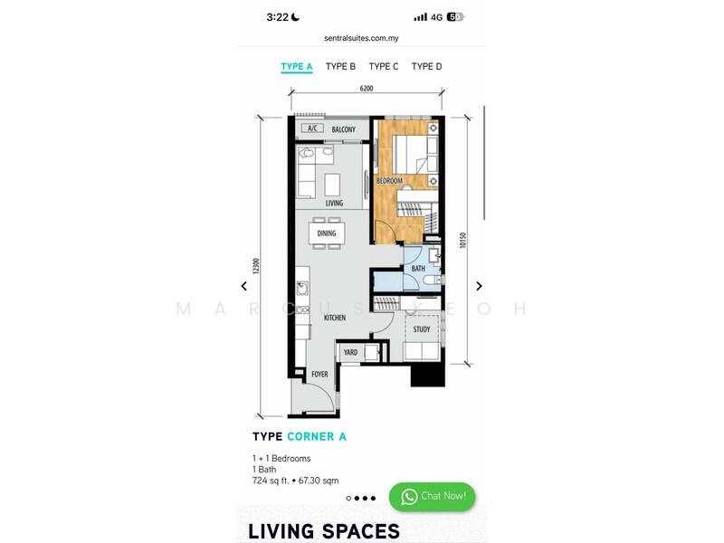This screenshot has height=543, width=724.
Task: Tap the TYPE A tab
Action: (297, 66)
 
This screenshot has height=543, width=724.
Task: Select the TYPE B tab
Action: (340, 66)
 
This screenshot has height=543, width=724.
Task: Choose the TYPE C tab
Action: (383, 66)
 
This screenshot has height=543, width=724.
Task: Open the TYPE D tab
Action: (426, 66)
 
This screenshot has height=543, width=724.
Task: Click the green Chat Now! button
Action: (433, 496)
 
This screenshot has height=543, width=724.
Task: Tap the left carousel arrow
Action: (243, 286)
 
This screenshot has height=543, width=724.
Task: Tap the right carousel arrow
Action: (479, 286)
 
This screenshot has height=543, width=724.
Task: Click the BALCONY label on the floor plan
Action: (344, 129)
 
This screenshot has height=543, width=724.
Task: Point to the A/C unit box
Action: (312, 128)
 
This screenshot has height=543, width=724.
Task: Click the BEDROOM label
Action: (389, 180)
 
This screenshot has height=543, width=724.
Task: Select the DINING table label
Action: (327, 233)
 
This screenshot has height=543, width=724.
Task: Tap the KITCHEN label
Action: (335, 318)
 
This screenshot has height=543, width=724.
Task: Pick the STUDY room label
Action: (421, 329)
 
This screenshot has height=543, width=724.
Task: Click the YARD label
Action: (350, 352)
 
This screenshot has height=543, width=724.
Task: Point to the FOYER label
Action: (319, 374)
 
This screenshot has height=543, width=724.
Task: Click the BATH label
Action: (418, 268)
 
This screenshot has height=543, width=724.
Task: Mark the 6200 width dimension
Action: (367, 88)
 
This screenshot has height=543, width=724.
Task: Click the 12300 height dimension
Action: (256, 266)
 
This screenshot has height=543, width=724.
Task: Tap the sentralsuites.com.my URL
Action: (361, 38)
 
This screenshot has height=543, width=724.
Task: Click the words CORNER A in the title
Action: (317, 436)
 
